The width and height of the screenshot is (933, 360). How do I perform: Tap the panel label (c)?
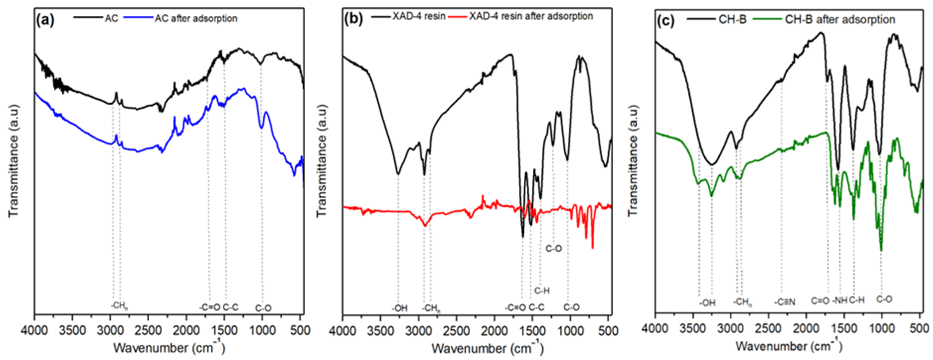[x=666, y=21]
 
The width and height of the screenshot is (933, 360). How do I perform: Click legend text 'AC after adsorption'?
[x=196, y=18]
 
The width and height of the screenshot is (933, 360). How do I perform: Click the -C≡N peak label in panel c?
[x=784, y=302]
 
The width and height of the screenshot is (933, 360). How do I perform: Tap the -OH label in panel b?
[x=399, y=308]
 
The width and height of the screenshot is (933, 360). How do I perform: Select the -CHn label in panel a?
[x=119, y=305]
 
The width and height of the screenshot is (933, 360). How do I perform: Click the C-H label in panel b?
[x=542, y=290]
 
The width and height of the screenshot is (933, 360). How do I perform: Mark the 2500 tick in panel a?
[x=148, y=330]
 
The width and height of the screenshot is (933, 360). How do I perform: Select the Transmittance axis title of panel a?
[x=13, y=161]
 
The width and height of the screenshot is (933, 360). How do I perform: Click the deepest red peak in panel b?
[x=592, y=248]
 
